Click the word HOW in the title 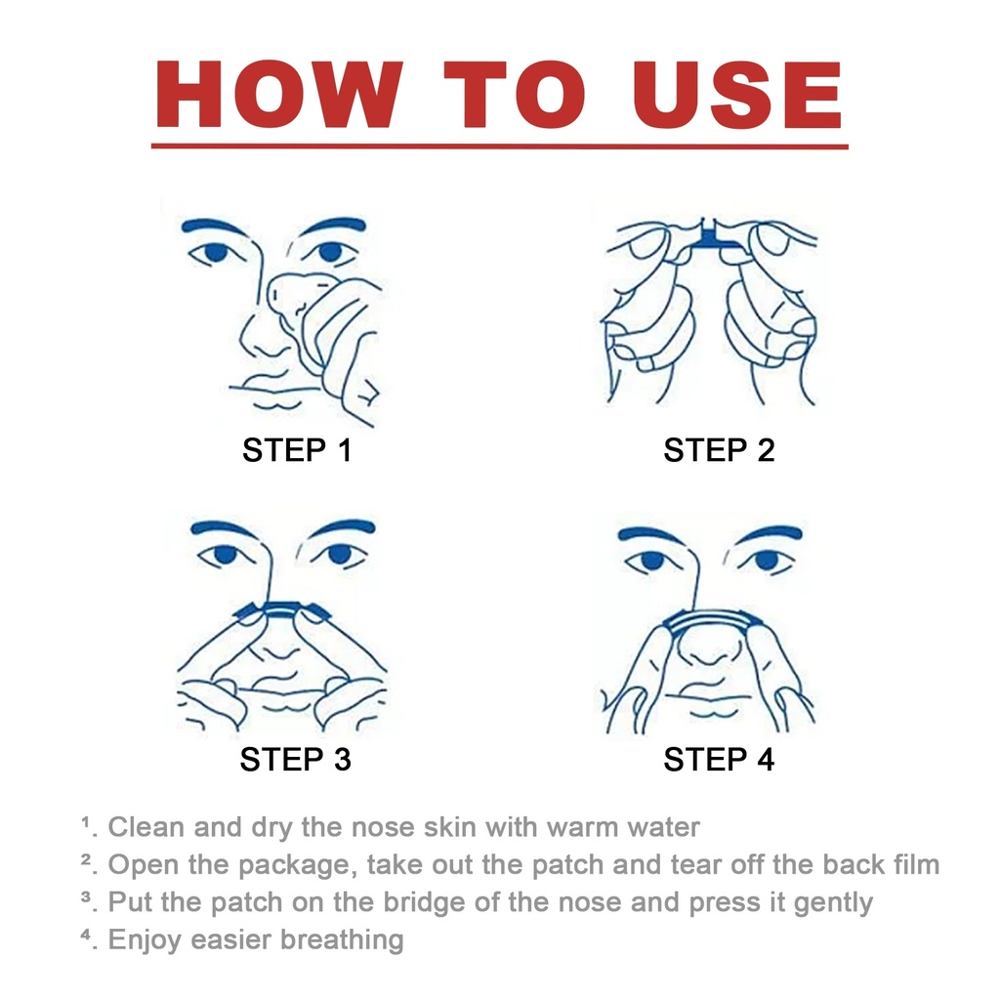[279, 95]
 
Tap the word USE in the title [736, 95]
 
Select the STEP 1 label [297, 450]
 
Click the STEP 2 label [719, 450]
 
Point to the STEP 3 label [295, 760]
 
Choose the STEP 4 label [719, 760]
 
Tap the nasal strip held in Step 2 [709, 236]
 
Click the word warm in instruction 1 [582, 827]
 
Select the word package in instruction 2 [294, 866]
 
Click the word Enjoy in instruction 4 [145, 940]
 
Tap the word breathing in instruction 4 [342, 940]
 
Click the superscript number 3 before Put [86, 896]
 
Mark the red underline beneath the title [499, 146]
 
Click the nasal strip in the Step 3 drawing [281, 610]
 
